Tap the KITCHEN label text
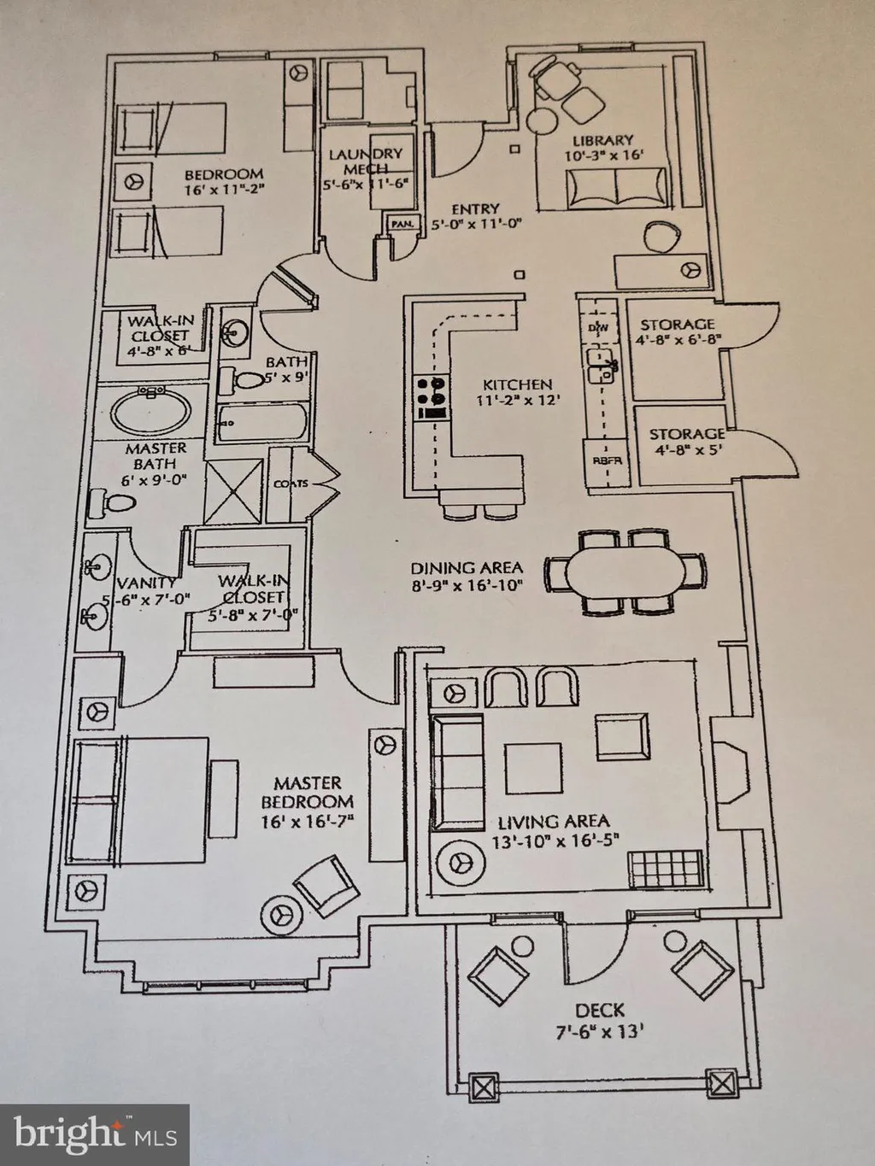click(517, 384)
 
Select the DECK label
click(599, 1010)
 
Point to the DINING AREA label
click(467, 568)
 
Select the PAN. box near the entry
click(402, 224)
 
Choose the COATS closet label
click(290, 484)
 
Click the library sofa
click(615, 185)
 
